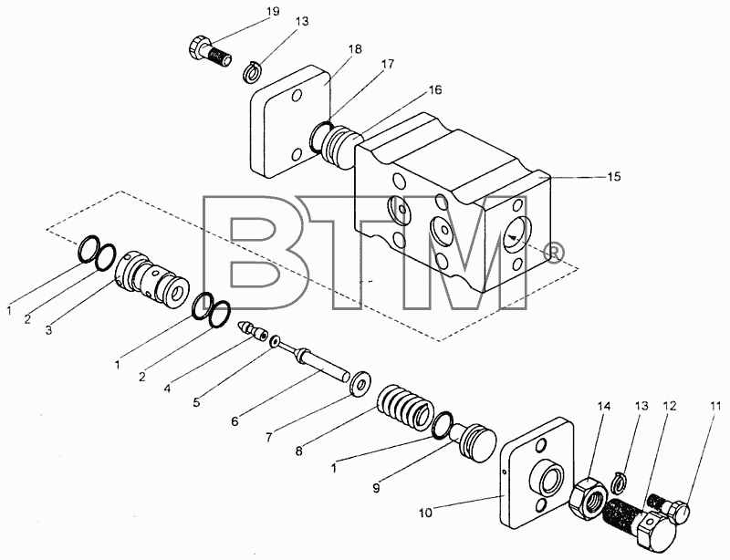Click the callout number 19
[272, 11]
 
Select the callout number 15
[613, 176]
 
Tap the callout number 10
[425, 513]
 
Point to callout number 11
[714, 407]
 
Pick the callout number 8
[299, 451]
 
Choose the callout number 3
[49, 330]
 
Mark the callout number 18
[355, 49]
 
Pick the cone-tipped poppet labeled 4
[253, 330]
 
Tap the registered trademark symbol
[555, 252]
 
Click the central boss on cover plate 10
[547, 478]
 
